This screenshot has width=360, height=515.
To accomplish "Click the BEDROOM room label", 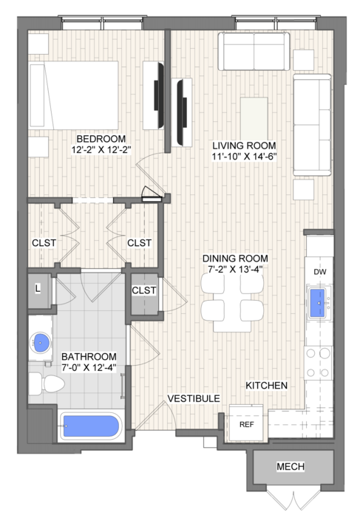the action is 101,139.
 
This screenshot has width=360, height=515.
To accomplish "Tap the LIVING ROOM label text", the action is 244,146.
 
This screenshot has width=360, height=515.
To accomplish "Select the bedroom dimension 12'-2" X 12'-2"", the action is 101,150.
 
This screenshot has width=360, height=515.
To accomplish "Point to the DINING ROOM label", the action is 235,259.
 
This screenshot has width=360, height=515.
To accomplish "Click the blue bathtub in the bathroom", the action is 91,426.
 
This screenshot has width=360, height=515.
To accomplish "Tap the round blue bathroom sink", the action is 40,343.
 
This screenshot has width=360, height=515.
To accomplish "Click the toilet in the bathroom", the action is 47,384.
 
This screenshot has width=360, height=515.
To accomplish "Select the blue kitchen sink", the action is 318,303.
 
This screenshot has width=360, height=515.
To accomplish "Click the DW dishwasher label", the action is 320,272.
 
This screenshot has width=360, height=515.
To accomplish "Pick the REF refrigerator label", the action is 246,425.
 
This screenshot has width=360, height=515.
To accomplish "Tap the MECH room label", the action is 291,466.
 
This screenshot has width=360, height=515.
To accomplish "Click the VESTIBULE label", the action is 194,398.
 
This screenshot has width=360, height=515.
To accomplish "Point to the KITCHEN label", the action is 266,385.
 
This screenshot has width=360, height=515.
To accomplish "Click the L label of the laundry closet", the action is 38,289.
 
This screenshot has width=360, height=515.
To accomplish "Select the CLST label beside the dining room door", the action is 144,290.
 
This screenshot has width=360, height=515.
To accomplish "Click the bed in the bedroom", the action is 74,95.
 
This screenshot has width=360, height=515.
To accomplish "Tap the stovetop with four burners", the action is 318,363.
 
